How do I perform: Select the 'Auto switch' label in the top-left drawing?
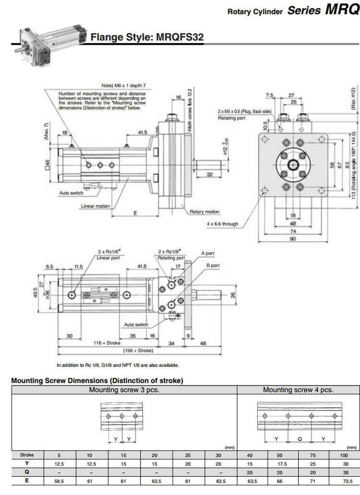[71, 193]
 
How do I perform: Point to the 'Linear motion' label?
[96, 206]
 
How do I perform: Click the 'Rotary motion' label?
[204, 211]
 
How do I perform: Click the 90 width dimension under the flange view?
[292, 239]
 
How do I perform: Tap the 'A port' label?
[208, 253]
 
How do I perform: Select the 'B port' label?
[213, 265]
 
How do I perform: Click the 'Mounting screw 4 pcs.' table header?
[298, 390]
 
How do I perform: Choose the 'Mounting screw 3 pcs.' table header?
[124, 390]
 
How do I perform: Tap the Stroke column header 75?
[312, 455]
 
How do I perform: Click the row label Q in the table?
[27, 472]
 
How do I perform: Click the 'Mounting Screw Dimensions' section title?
[97, 381]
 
